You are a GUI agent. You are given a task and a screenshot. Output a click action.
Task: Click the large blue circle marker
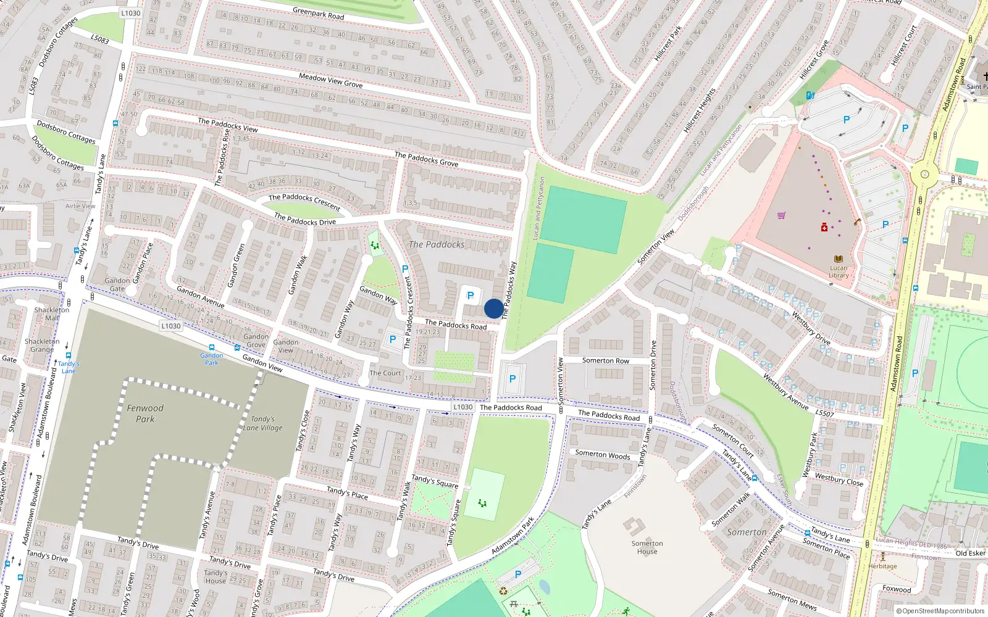(493, 308)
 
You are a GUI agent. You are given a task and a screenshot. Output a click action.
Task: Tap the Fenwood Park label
(145, 413)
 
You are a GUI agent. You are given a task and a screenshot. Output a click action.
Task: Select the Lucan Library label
(839, 271)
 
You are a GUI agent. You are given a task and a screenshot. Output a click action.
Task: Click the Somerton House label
(647, 547)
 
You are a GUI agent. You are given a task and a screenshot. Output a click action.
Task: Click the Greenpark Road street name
(318, 14)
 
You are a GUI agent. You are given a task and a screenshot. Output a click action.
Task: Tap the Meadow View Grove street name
(330, 80)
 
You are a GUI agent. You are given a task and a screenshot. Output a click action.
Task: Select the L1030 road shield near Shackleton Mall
(171, 326)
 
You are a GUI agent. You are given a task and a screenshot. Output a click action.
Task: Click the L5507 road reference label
(824, 413)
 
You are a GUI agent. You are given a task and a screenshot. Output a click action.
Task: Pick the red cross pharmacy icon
(824, 228)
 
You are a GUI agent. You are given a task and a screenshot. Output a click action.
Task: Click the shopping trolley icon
(782, 215)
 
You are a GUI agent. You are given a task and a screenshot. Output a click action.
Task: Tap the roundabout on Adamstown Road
(924, 174)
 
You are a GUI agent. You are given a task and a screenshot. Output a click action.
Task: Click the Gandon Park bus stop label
(212, 358)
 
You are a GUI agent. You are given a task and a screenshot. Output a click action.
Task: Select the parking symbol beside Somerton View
(512, 379)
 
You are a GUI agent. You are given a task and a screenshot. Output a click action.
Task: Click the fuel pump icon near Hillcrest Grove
(810, 95)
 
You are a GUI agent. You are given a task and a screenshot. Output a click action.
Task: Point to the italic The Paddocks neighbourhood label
(437, 244)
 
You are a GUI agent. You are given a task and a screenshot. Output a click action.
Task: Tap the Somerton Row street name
(605, 360)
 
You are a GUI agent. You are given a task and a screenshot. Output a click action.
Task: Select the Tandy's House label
(216, 576)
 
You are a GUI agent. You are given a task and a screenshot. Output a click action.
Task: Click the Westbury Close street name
(839, 479)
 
